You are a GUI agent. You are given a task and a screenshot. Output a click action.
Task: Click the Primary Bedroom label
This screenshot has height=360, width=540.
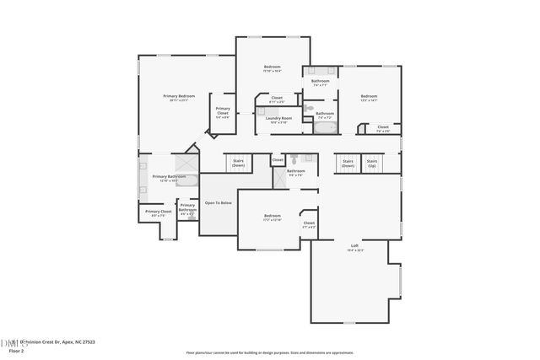point(179,97)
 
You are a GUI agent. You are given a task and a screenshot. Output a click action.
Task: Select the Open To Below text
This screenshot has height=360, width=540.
point(218,203)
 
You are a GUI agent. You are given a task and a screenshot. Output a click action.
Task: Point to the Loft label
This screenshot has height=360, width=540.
point(354,246)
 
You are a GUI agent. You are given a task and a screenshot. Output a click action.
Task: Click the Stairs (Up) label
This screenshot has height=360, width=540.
point(372,164)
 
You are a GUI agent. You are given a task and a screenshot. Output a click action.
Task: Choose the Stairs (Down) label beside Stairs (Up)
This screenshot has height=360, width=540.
point(348,164)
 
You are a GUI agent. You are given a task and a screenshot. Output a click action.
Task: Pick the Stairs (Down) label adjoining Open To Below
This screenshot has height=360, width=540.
point(239,163)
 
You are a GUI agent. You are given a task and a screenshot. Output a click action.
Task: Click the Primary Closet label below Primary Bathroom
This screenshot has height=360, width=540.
point(158,212)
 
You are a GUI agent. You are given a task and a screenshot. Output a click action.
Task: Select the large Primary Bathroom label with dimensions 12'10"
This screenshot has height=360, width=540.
point(169,178)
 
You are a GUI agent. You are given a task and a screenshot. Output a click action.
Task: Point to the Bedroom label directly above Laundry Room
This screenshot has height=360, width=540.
point(272,67)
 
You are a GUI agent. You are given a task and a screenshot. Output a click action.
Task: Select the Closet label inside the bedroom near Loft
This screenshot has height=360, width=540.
point(309,224)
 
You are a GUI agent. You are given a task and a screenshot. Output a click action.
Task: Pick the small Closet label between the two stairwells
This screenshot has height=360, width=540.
point(278,159)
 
